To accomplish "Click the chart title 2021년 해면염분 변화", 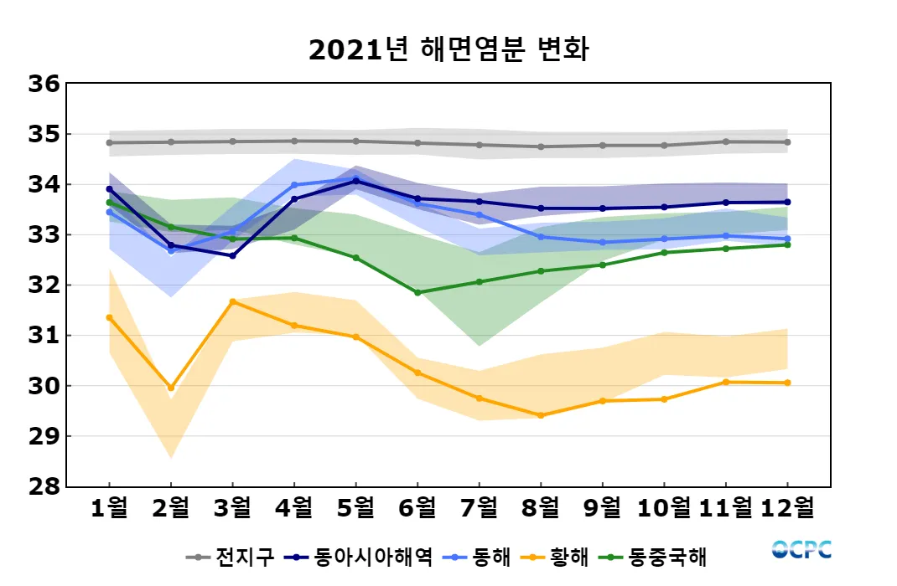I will pyautogui.click(x=448, y=49).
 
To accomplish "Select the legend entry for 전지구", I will pyautogui.click(x=231, y=557).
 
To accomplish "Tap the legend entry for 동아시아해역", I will pyautogui.click(x=360, y=557).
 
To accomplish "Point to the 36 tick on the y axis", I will pyautogui.click(x=43, y=84).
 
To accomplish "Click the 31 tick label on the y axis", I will pyautogui.click(x=43, y=336).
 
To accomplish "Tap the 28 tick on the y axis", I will pyautogui.click(x=43, y=486).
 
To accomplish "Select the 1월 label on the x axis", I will pyautogui.click(x=109, y=507).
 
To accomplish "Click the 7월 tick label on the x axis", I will pyautogui.click(x=480, y=507).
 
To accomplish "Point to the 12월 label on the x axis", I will pyautogui.click(x=787, y=507).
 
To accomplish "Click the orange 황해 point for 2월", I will pyautogui.click(x=171, y=388).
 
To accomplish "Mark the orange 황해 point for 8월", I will pyautogui.click(x=541, y=415).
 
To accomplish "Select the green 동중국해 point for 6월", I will pyautogui.click(x=417, y=293).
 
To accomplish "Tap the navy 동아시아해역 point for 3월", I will pyautogui.click(x=232, y=255).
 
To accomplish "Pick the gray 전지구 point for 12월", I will pyautogui.click(x=787, y=142).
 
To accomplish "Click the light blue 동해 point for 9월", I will pyautogui.click(x=603, y=242).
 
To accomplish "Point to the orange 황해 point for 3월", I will pyautogui.click(x=232, y=301).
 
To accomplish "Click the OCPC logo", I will pyautogui.click(x=801, y=549).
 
